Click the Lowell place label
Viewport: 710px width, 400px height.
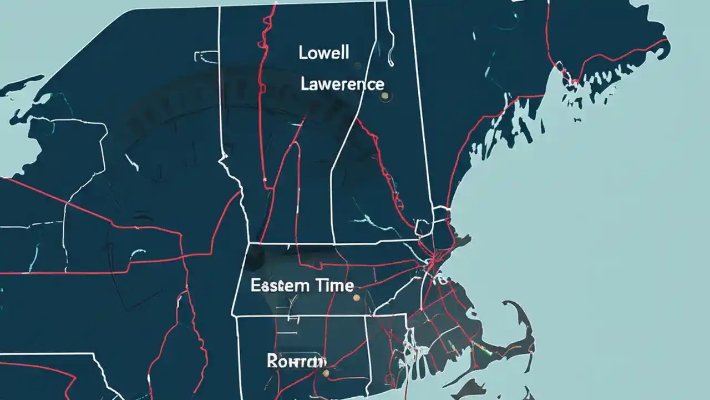[324, 53]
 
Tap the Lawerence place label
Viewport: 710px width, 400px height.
[342, 84]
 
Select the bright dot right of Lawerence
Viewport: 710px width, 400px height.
[384, 96]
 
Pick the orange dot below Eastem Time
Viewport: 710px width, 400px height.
[356, 298]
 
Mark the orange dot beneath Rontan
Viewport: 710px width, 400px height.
[326, 373]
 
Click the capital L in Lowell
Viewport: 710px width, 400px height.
[303, 53]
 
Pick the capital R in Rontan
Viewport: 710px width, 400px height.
[272, 361]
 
